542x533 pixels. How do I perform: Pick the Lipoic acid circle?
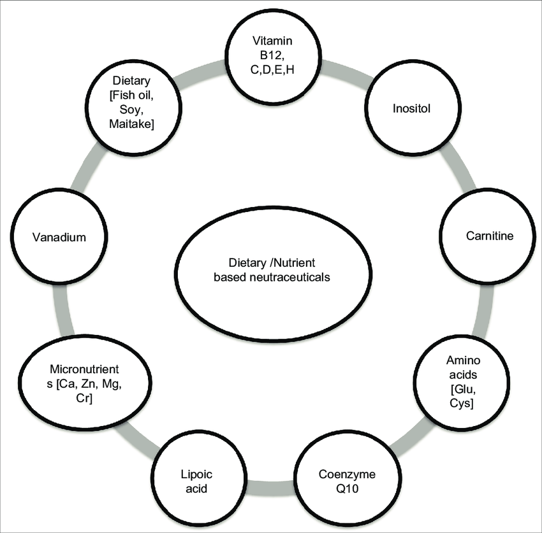coord(192,483)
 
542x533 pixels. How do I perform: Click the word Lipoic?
coord(192,476)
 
